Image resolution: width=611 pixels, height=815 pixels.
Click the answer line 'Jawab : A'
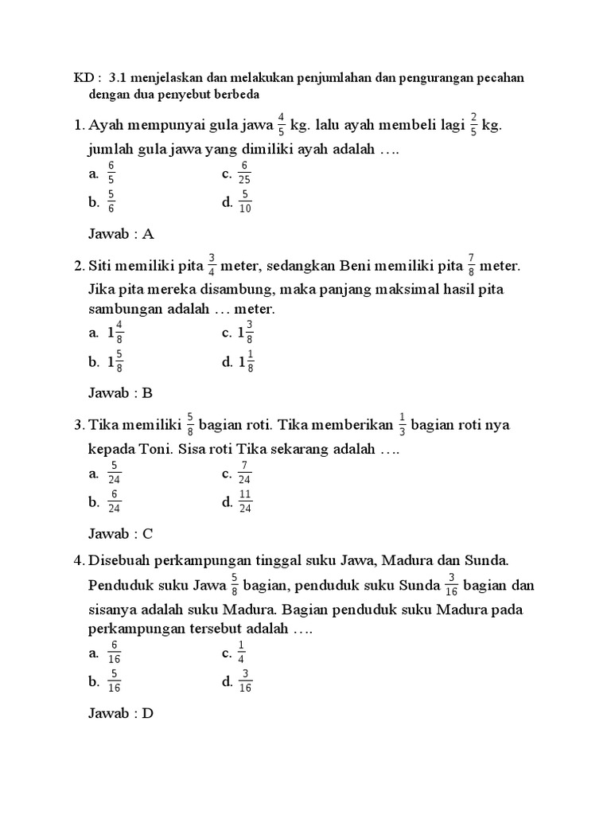(x=120, y=234)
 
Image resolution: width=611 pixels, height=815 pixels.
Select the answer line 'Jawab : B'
(x=120, y=392)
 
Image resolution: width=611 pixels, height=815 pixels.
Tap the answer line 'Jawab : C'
(x=120, y=533)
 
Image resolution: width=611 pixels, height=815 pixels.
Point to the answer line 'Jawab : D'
(x=120, y=713)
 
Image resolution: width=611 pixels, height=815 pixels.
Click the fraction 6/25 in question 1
(x=245, y=173)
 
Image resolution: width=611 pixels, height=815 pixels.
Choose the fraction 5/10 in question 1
(x=245, y=202)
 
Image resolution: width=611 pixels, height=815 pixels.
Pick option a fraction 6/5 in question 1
(x=111, y=173)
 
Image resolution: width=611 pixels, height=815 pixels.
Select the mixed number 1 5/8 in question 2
(x=115, y=361)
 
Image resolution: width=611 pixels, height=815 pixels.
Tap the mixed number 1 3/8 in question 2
(x=245, y=332)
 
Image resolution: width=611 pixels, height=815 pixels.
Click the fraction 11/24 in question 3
(x=245, y=501)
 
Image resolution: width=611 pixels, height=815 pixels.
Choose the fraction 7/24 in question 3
(x=245, y=474)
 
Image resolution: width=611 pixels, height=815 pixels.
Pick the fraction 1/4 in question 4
(x=242, y=653)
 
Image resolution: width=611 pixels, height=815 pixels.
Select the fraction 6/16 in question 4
(x=114, y=653)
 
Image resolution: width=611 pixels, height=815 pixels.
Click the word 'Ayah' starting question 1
(x=106, y=126)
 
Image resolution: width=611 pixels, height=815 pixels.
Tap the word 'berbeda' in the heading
(x=237, y=94)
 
